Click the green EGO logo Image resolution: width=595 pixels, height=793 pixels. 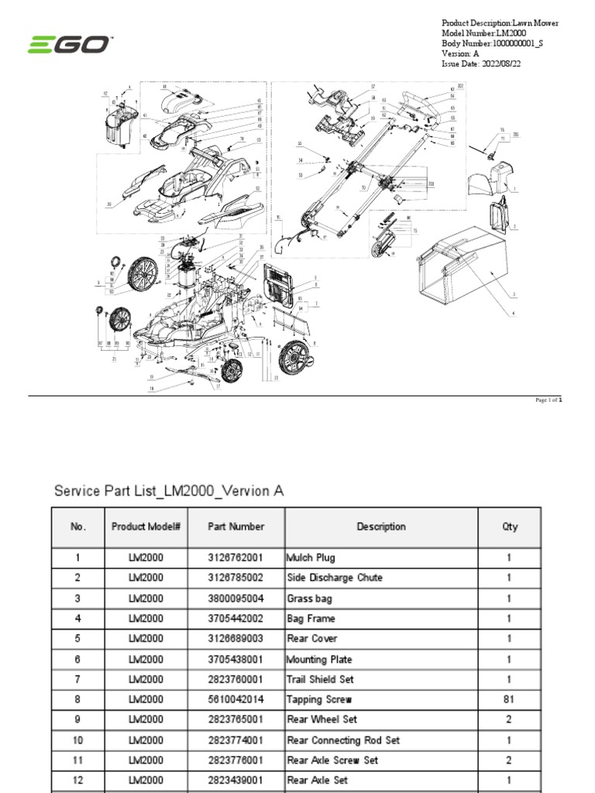click(x=69, y=46)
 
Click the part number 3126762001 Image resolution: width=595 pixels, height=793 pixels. click(x=236, y=558)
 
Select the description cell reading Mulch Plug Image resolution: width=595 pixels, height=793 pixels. click(x=311, y=558)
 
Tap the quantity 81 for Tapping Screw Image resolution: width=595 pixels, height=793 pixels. click(x=509, y=699)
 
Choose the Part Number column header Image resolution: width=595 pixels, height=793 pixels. click(x=236, y=527)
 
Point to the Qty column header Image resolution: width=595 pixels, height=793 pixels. click(x=509, y=527)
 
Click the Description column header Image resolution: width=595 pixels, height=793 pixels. click(x=380, y=527)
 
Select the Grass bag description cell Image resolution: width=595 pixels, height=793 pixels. click(x=310, y=598)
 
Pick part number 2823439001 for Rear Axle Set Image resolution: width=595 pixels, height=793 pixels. click(x=236, y=781)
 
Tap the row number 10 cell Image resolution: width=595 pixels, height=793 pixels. click(x=77, y=740)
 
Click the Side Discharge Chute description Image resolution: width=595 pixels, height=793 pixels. click(x=335, y=578)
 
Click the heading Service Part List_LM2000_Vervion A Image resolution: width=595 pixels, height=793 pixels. click(x=169, y=491)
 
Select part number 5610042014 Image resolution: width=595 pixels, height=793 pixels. click(x=236, y=699)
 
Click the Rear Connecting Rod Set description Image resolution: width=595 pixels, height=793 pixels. click(x=343, y=740)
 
